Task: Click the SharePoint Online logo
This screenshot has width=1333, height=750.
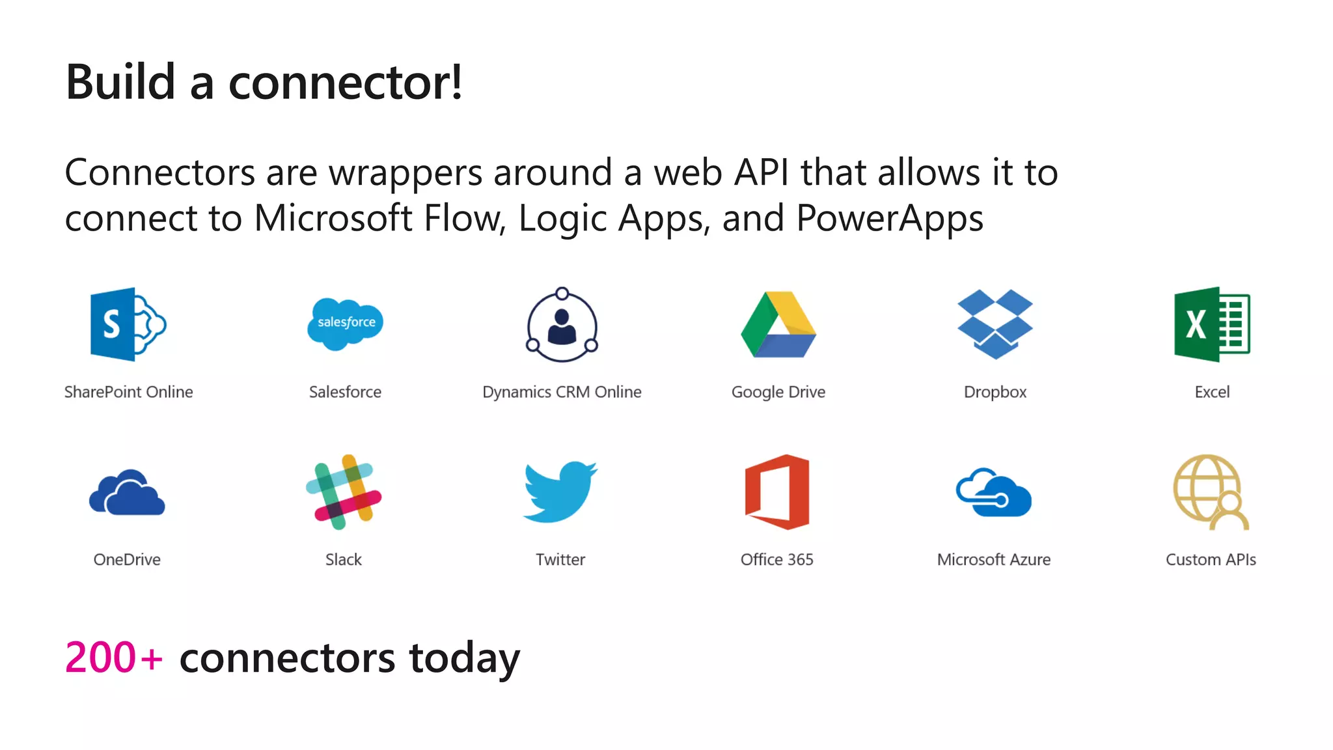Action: (x=128, y=324)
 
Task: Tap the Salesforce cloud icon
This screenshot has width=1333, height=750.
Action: (x=345, y=323)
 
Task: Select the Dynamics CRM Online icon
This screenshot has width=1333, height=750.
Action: (x=562, y=324)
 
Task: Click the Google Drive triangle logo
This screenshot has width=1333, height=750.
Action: (x=778, y=324)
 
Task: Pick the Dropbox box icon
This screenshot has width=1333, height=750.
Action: (x=995, y=324)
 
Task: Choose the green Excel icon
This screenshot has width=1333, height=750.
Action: (x=1211, y=324)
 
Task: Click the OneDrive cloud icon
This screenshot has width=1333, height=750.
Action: (x=127, y=493)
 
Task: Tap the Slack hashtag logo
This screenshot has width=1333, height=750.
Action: (x=344, y=492)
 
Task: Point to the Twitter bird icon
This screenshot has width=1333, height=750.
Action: (x=560, y=492)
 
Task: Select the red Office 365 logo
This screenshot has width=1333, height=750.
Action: (x=777, y=492)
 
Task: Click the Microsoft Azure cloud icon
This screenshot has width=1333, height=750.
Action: (x=994, y=493)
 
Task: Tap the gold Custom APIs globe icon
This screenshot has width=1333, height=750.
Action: (x=1211, y=492)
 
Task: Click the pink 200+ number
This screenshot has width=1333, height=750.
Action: (x=113, y=658)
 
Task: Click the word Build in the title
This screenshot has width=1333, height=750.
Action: (x=121, y=83)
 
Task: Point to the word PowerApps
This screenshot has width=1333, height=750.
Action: (x=889, y=218)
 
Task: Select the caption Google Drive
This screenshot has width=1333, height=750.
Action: (x=778, y=392)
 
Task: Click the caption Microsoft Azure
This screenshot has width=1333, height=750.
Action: (x=994, y=559)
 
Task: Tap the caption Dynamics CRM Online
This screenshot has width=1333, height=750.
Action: (x=562, y=392)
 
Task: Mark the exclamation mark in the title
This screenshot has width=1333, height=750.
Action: (x=457, y=83)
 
